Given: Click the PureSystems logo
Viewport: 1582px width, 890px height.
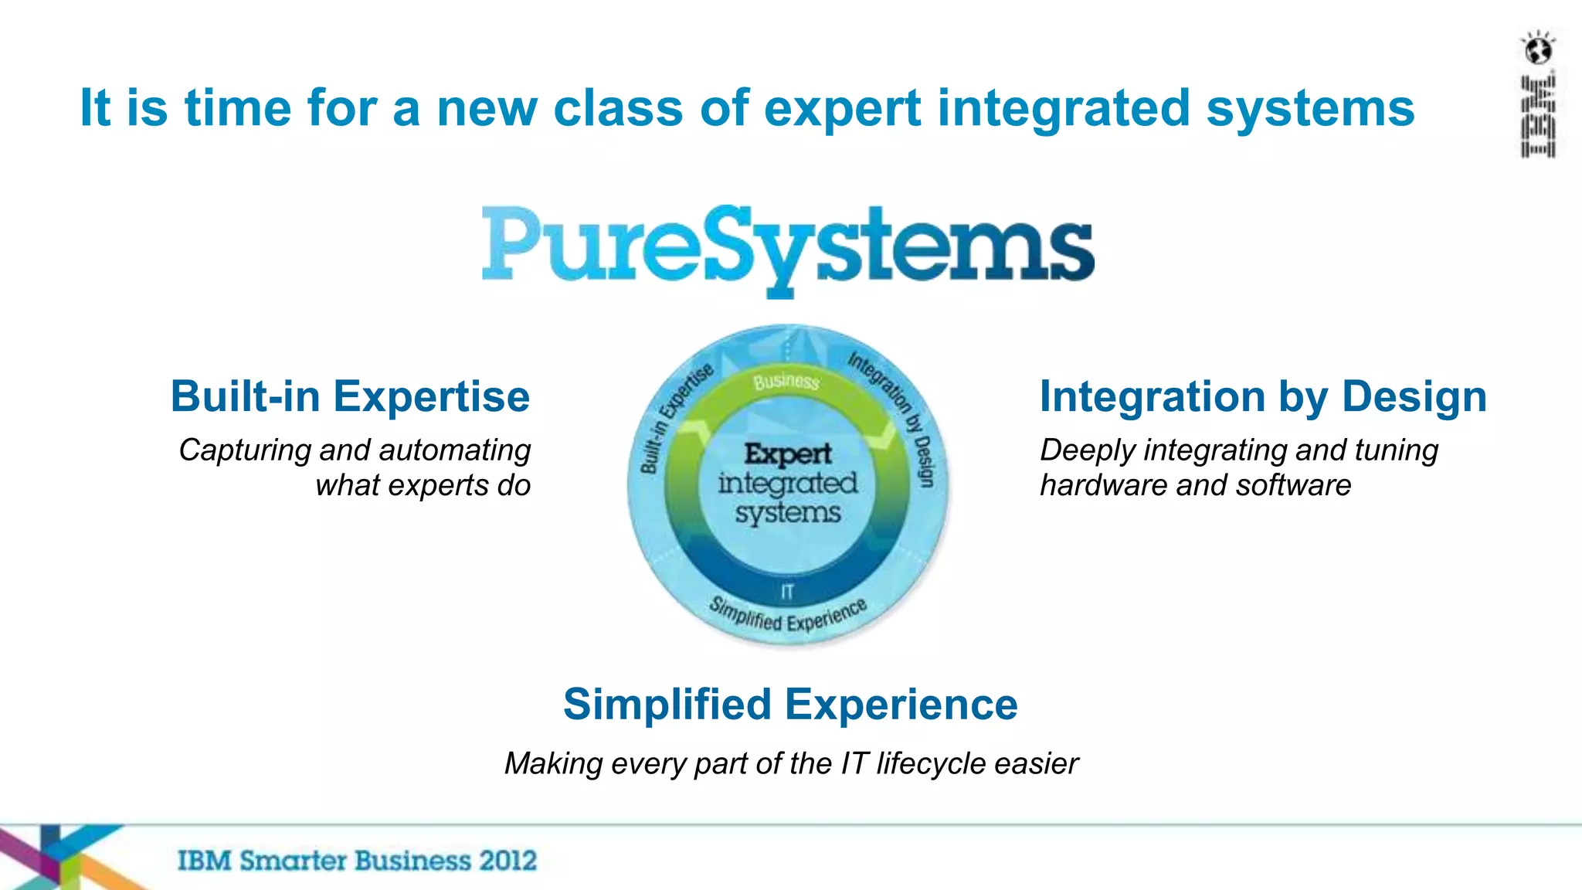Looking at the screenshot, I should coord(788,247).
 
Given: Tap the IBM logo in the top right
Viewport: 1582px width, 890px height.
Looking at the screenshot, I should coord(1538,117).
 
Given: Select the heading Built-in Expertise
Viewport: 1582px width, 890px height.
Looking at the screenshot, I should coord(350,397).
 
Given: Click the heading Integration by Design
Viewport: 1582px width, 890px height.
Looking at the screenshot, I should coord(1263,397).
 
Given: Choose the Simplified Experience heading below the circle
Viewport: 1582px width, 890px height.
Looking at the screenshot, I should coord(790,705).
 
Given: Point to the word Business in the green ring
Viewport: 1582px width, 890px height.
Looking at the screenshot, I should coord(786,381).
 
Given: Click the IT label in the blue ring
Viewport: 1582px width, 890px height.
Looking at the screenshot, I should coord(787,592).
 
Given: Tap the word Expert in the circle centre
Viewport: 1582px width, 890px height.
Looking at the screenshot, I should coord(788,453).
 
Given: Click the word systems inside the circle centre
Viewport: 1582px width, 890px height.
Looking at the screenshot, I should coord(788,513).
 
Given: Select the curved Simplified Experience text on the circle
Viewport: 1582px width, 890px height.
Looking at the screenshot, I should coord(787,616).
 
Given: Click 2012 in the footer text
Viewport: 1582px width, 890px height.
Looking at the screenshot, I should coord(507,861).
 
